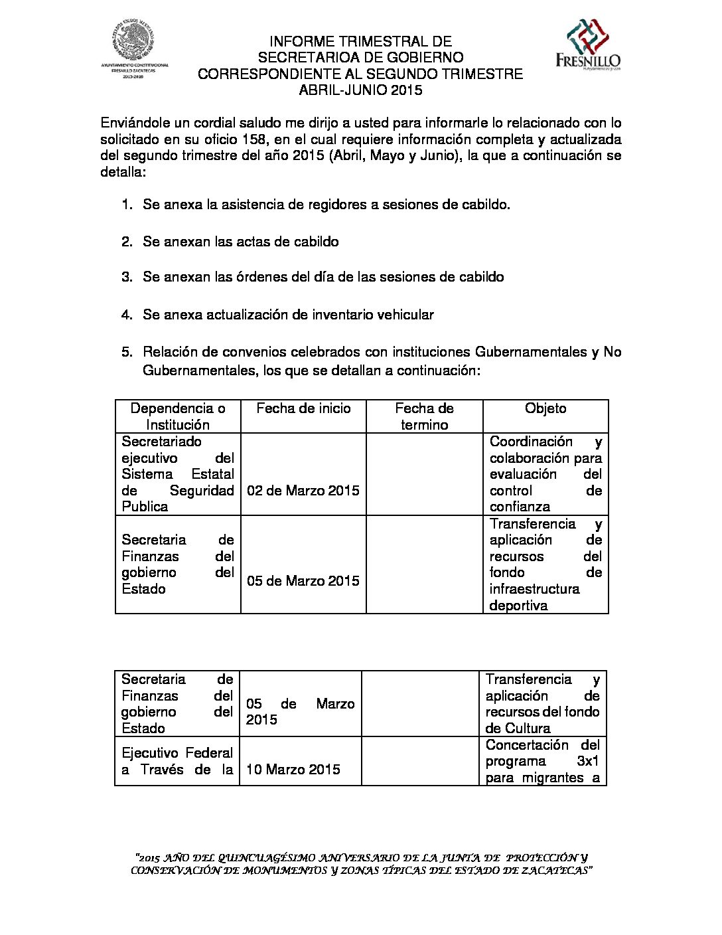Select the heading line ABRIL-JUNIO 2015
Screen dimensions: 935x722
point(360,90)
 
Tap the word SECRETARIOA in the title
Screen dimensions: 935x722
point(301,58)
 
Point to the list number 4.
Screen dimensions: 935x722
point(127,315)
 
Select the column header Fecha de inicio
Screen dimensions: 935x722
point(303,408)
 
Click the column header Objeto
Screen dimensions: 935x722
point(545,408)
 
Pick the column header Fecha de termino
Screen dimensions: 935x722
point(424,416)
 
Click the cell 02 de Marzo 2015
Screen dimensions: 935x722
point(303,491)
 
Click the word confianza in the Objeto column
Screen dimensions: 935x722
point(520,507)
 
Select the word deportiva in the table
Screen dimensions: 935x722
point(518,606)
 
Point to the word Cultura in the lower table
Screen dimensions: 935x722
point(528,728)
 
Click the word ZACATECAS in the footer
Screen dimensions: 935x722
point(555,871)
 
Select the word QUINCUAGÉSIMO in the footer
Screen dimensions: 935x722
point(266,858)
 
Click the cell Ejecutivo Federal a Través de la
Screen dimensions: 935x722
point(177,762)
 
